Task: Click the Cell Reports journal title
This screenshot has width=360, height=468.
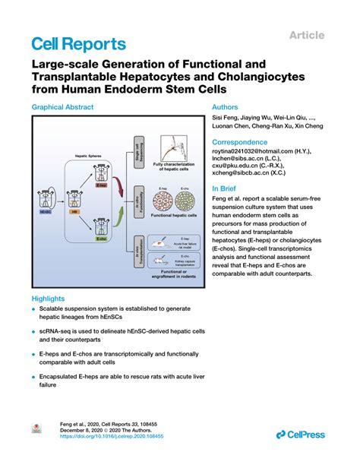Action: pyautogui.click(x=78, y=43)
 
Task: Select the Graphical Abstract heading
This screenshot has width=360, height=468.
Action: pyautogui.click(x=69, y=108)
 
